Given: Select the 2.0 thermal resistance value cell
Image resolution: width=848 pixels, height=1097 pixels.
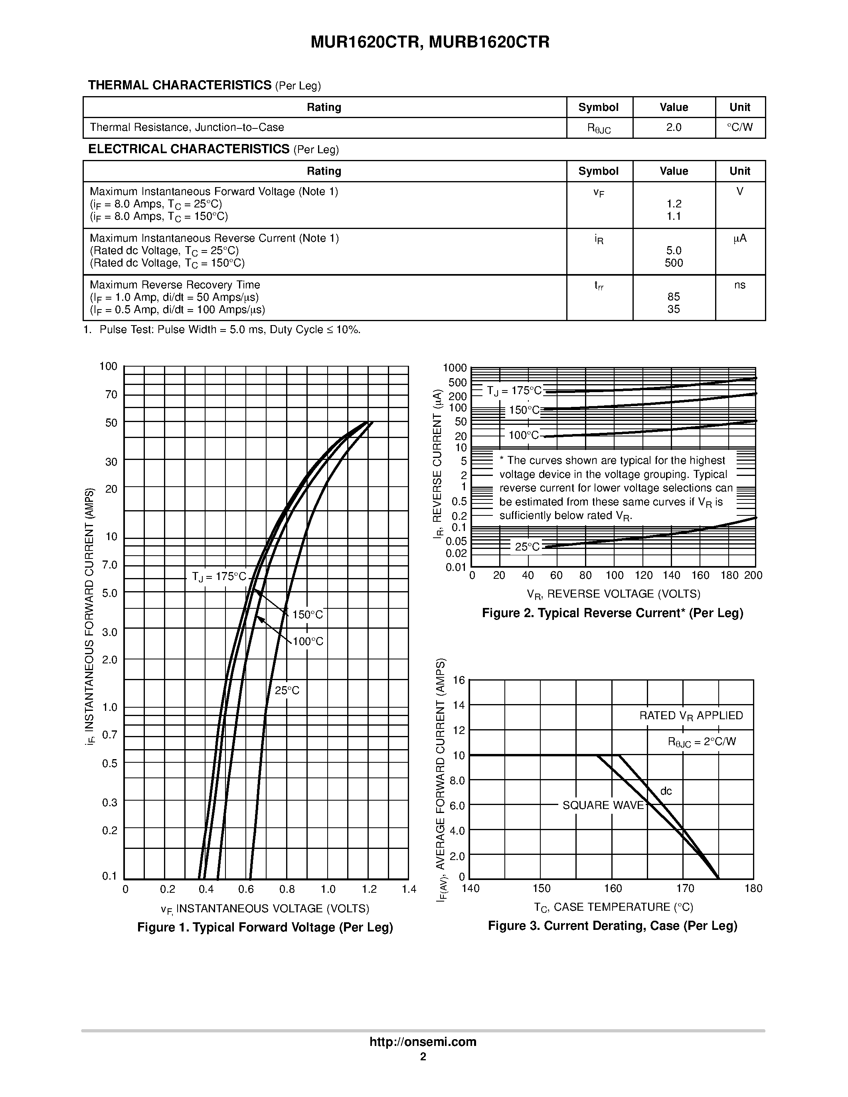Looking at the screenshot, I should pyautogui.click(x=673, y=128).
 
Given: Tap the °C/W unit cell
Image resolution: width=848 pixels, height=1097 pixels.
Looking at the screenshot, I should pyautogui.click(x=739, y=128).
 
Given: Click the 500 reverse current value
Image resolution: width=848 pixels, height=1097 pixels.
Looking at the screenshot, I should pyautogui.click(x=673, y=263).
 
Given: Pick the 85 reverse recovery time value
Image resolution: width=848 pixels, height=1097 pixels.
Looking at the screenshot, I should pyautogui.click(x=673, y=297).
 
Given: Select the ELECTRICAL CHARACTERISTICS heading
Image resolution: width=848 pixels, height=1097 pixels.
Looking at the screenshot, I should pyautogui.click(x=189, y=149).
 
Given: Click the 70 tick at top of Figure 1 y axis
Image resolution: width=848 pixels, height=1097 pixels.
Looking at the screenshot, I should pyautogui.click(x=111, y=395).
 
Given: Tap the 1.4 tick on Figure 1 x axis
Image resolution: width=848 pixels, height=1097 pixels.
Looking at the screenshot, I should pyautogui.click(x=409, y=889).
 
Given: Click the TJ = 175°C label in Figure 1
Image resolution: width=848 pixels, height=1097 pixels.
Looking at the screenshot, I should pyautogui.click(x=219, y=577).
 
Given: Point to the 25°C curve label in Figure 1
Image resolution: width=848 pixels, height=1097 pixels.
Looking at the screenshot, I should pyautogui.click(x=287, y=691).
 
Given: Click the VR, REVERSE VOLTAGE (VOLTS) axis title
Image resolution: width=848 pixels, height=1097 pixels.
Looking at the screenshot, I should pyautogui.click(x=613, y=594).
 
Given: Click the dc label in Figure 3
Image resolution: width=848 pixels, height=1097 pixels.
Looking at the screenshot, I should pyautogui.click(x=666, y=791).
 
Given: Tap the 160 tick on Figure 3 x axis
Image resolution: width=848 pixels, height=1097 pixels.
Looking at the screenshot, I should pyautogui.click(x=613, y=888).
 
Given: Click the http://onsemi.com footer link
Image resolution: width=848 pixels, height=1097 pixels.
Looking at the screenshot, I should pyautogui.click(x=423, y=1042).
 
